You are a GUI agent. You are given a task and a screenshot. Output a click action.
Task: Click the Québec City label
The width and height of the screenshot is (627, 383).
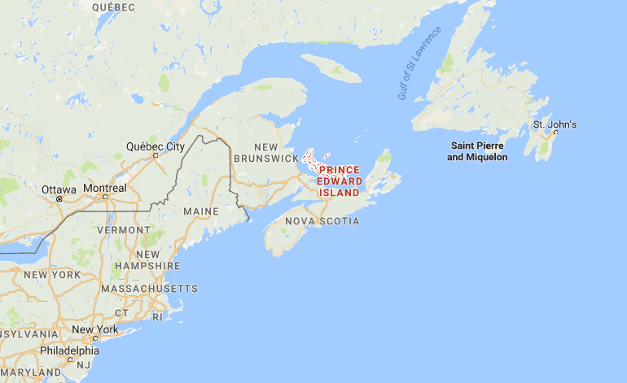coord(155,146)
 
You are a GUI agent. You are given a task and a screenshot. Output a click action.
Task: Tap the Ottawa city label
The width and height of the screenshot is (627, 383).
coord(59,189)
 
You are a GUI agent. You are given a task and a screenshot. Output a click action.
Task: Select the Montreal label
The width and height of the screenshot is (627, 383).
coord(104,189)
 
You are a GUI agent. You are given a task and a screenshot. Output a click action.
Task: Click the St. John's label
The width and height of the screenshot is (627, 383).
coord(555,124)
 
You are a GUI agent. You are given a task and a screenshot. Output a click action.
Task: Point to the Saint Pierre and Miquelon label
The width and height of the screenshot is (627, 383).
coord(477,150)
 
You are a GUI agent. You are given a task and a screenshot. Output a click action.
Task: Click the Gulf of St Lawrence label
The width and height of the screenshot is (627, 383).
coord(419,63)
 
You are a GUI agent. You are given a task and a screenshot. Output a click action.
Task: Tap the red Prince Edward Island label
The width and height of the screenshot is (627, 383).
coord(339,181)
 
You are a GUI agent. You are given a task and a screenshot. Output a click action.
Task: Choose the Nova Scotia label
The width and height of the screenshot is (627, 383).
coord(322,221)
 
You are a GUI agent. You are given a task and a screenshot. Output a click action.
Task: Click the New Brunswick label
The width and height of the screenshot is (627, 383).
coord(265,152)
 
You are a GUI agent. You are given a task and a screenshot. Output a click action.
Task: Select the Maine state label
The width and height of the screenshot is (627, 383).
coord(201,211)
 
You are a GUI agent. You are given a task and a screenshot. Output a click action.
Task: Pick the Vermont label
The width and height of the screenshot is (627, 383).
coord(124,230)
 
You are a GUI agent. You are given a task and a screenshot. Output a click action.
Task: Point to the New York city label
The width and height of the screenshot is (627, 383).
coord(94,329)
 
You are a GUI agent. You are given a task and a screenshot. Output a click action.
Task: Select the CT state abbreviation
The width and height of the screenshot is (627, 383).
coord(121,312)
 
